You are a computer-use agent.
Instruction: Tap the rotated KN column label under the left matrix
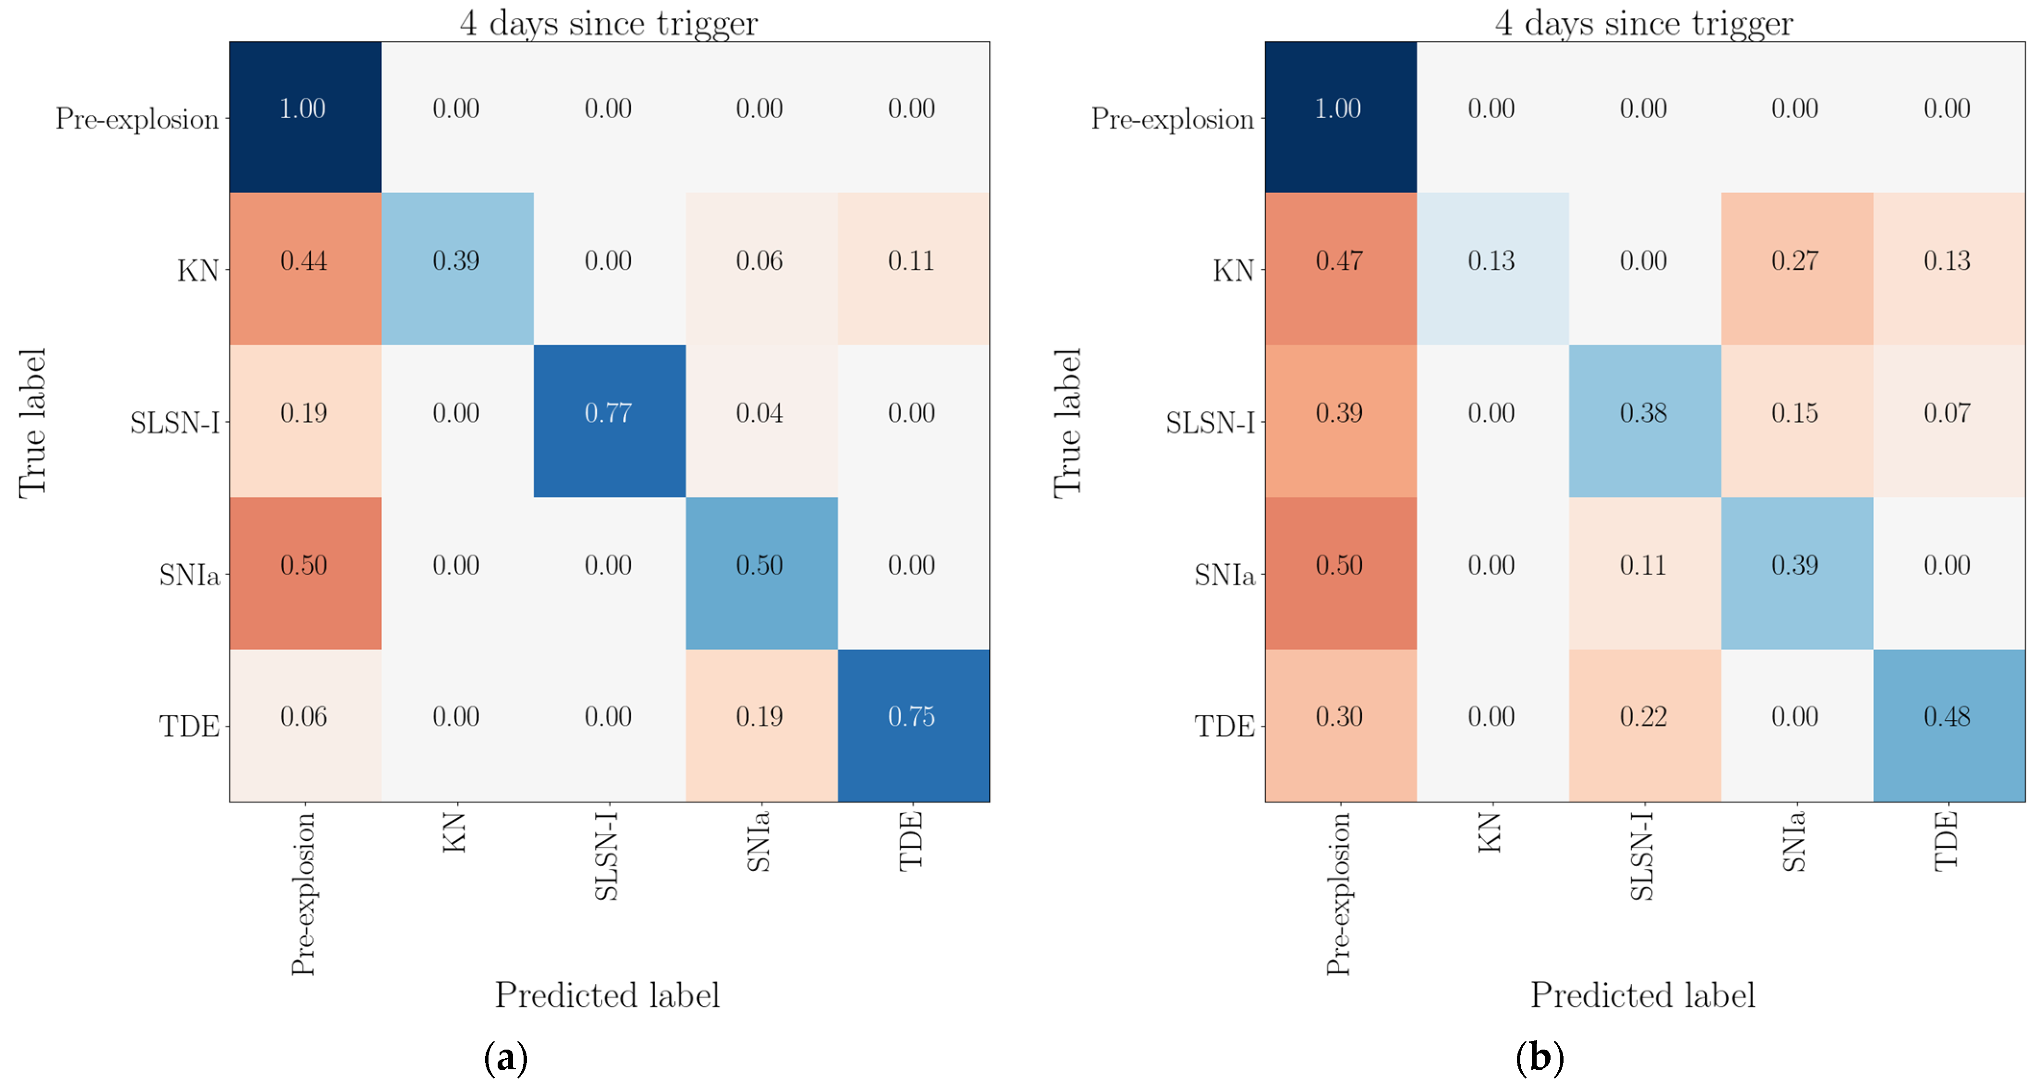click(x=455, y=832)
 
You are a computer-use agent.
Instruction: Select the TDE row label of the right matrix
click(x=1224, y=727)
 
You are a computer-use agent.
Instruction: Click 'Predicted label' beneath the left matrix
click(x=608, y=995)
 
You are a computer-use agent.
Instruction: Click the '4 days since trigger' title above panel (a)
click(x=609, y=22)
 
